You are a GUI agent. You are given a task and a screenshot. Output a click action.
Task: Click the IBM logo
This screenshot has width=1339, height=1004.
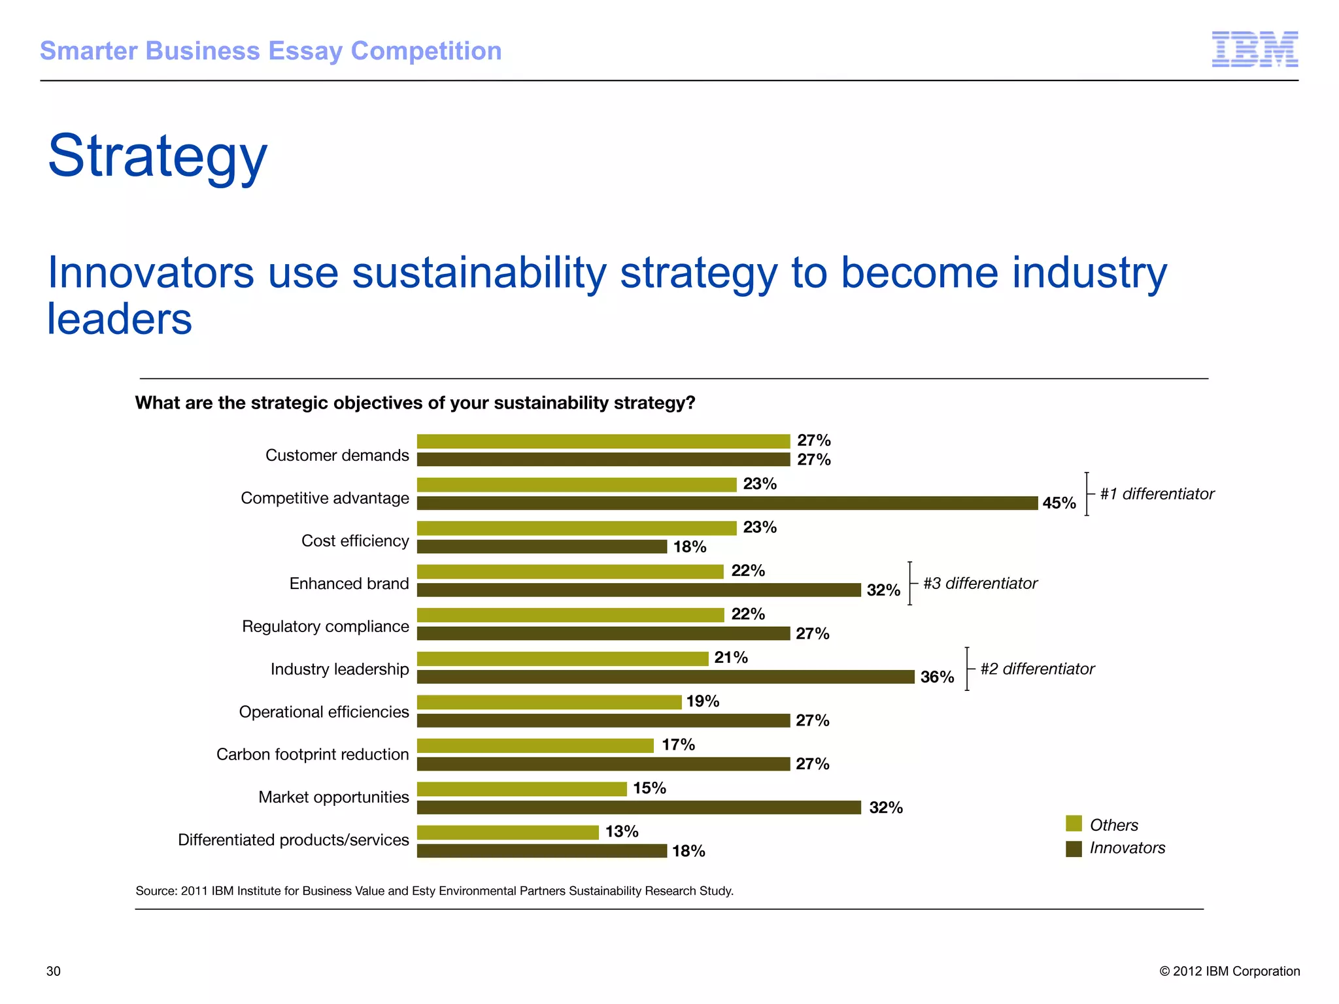(x=1254, y=49)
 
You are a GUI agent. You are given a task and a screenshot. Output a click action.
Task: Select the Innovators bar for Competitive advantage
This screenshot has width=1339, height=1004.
(x=727, y=503)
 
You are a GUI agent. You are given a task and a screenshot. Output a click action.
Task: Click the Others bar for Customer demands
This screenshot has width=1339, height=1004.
(x=603, y=441)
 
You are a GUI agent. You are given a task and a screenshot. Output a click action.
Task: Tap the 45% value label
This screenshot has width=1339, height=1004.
(x=1059, y=503)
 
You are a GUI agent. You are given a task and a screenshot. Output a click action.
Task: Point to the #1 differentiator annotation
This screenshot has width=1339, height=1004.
(x=1156, y=494)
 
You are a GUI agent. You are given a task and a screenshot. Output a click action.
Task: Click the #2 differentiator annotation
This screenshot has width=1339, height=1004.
(x=1036, y=669)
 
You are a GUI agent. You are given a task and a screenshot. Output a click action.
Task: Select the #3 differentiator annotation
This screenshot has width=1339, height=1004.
(x=979, y=583)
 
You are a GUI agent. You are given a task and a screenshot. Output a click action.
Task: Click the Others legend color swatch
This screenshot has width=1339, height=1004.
(x=1073, y=824)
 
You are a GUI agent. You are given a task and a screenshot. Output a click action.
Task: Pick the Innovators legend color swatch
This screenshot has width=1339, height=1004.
(x=1073, y=848)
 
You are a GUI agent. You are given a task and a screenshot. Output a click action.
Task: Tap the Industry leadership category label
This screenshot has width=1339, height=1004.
(x=339, y=669)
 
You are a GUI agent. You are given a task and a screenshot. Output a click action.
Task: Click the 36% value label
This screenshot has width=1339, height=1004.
(x=937, y=677)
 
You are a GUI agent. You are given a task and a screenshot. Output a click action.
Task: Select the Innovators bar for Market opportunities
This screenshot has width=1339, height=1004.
(x=639, y=807)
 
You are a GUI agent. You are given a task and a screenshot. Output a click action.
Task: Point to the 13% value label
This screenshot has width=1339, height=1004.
(x=621, y=831)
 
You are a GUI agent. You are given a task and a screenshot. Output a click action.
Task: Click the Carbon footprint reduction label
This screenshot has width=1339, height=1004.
(x=312, y=754)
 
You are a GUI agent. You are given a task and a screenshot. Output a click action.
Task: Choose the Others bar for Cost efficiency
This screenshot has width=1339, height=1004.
(x=577, y=528)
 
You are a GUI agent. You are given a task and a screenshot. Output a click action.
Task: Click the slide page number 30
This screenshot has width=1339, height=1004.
(x=53, y=971)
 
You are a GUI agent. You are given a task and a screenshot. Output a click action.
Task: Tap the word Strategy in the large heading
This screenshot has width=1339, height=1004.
(x=158, y=157)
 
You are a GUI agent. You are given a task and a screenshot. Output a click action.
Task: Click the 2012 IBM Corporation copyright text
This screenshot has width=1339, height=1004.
(x=1229, y=971)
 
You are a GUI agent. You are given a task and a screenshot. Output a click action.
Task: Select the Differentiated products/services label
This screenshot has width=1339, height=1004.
(x=293, y=840)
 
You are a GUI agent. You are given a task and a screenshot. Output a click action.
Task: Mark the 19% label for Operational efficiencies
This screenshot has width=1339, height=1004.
(x=702, y=701)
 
